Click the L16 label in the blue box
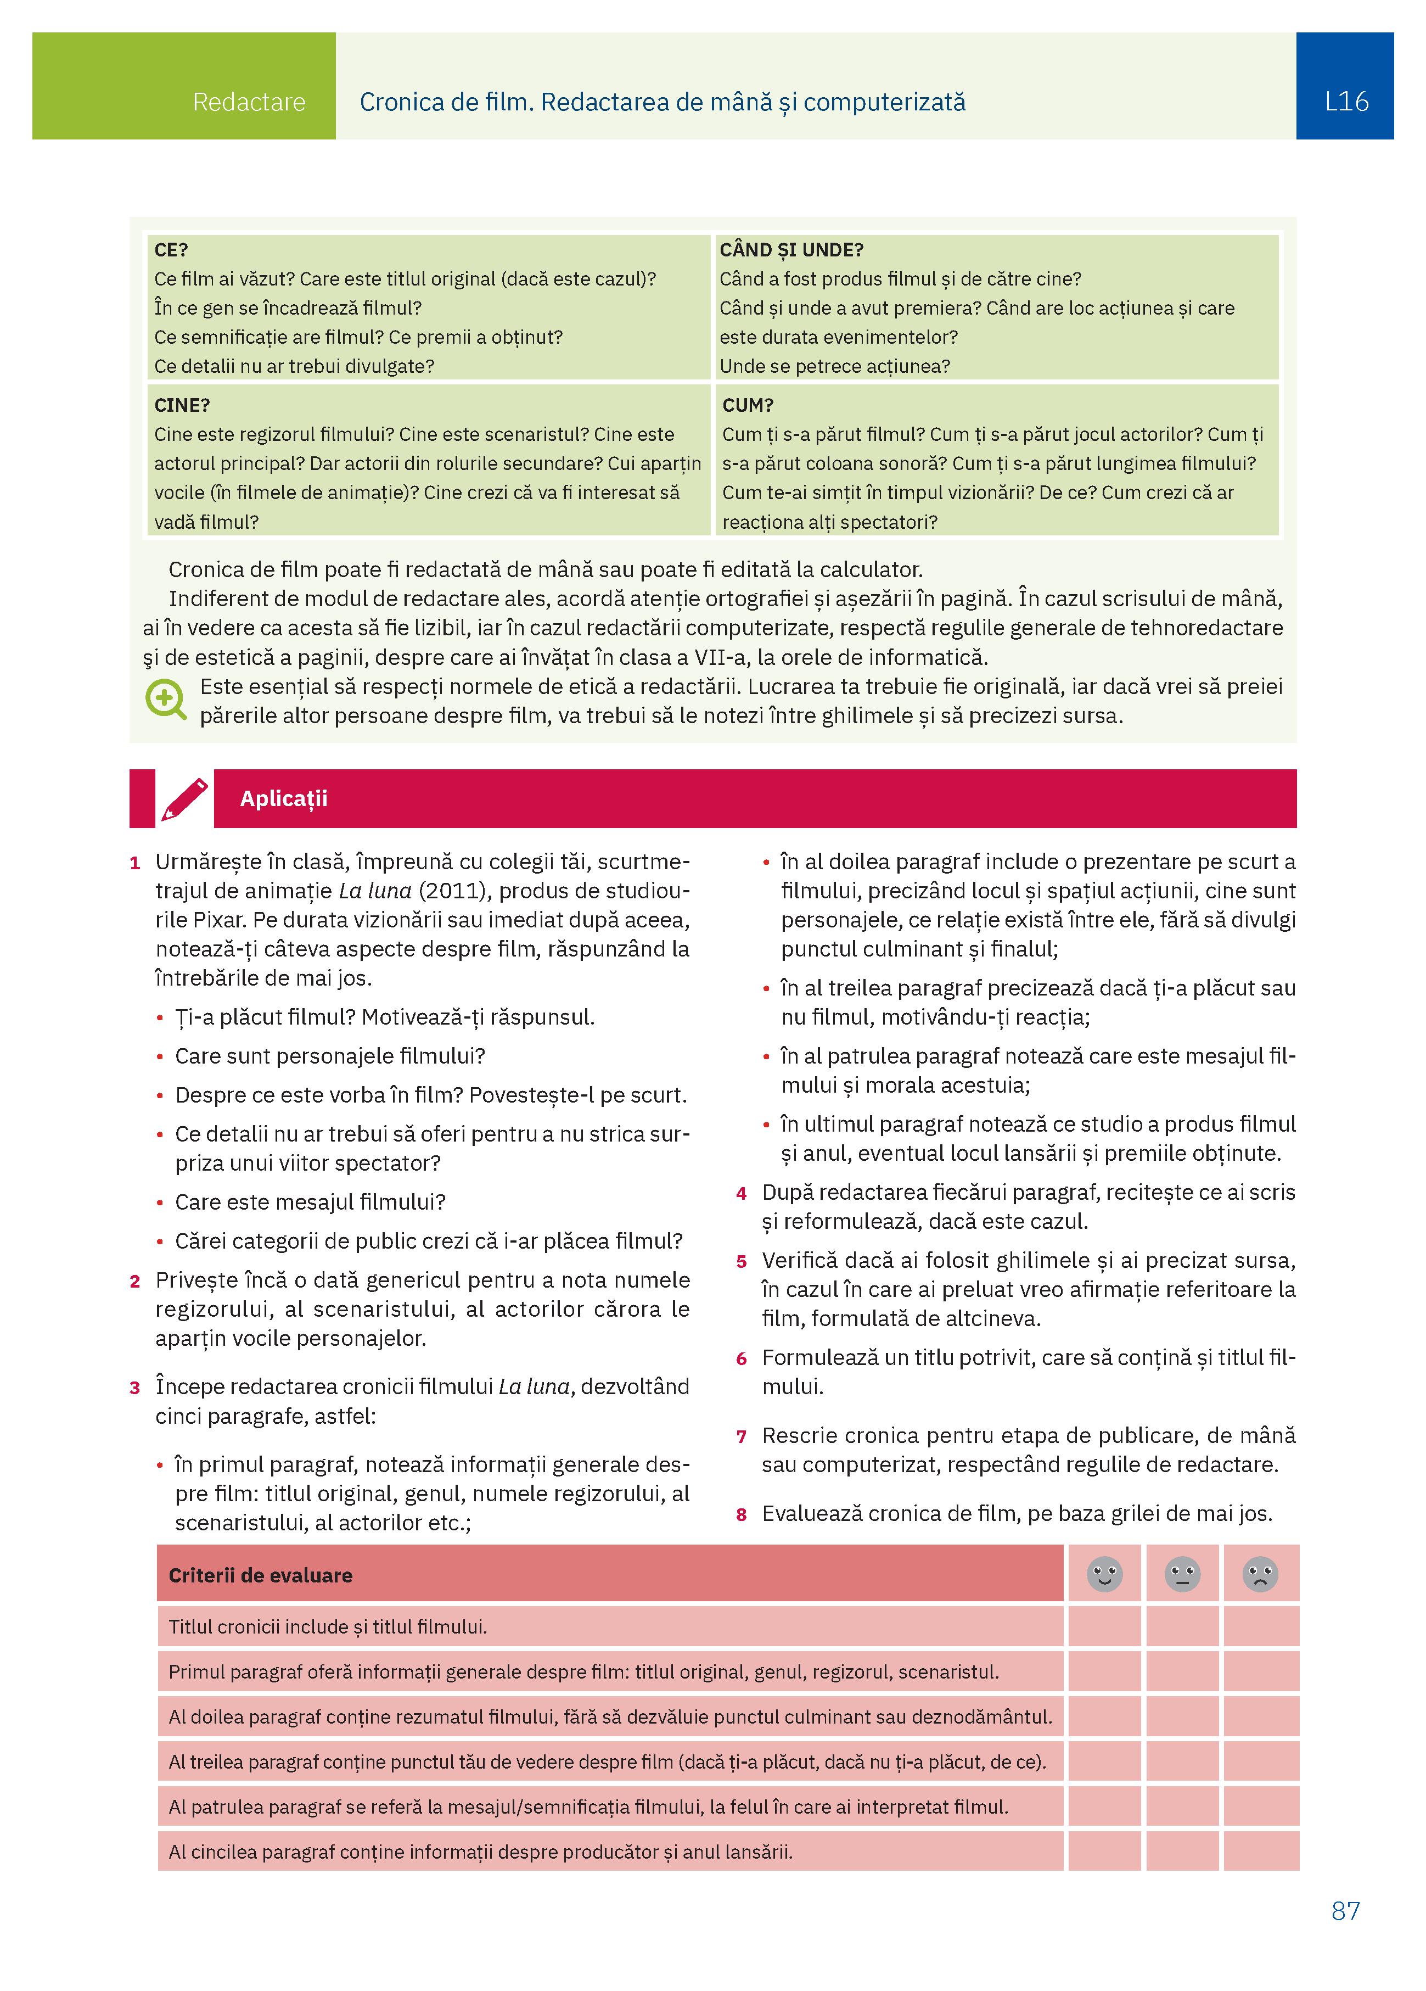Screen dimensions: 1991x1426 coord(1345,102)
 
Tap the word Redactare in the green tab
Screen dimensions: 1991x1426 coord(249,102)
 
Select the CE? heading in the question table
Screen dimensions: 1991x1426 coord(171,250)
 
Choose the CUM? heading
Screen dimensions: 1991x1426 coord(748,406)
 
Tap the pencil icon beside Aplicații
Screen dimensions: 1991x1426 coord(184,799)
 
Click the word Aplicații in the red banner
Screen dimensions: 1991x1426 coord(283,799)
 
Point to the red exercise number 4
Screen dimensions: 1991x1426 coord(742,1194)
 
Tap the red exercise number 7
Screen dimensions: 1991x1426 coord(742,1437)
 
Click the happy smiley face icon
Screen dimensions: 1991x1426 coord(1104,1574)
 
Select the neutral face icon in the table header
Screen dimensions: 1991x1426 coord(1182,1574)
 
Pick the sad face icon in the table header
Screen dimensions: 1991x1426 coord(1260,1574)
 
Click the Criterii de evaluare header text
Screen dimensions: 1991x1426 coord(261,1576)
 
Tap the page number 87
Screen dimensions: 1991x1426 coord(1345,1911)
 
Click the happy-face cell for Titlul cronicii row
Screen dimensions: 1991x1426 coord(1104,1627)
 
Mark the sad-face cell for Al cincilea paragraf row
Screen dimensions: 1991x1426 coord(1260,1852)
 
